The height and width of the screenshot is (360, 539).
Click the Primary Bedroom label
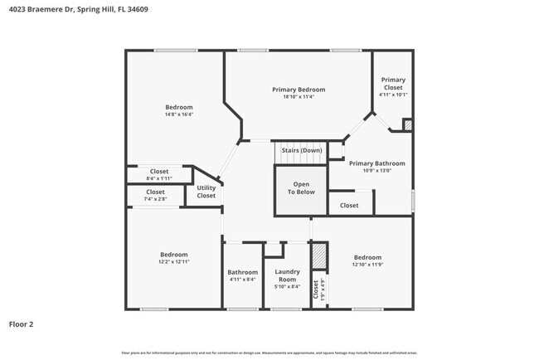[x=299, y=89]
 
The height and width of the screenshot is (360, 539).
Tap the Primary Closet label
[x=392, y=83]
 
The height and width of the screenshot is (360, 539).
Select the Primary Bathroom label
[x=376, y=163]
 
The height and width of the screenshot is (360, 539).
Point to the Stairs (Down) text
[x=301, y=150]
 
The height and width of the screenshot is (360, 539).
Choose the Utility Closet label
[x=206, y=192]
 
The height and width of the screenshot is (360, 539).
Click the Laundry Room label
[x=287, y=276]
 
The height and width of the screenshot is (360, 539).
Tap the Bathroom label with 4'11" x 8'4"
[x=243, y=272]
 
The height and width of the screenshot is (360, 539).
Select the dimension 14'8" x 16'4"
[x=178, y=114]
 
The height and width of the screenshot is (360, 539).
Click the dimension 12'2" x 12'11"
[x=174, y=261]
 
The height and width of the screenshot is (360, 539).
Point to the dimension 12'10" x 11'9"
[x=367, y=264]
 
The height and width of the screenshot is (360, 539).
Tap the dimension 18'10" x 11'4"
[x=299, y=96]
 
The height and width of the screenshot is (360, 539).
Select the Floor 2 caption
[x=21, y=324]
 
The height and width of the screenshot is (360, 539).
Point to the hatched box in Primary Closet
[x=406, y=124]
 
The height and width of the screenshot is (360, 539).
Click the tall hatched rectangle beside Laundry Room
[x=316, y=258]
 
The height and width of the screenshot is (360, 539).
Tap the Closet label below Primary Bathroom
[x=349, y=205]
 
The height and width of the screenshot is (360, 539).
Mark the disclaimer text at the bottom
[x=269, y=353]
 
